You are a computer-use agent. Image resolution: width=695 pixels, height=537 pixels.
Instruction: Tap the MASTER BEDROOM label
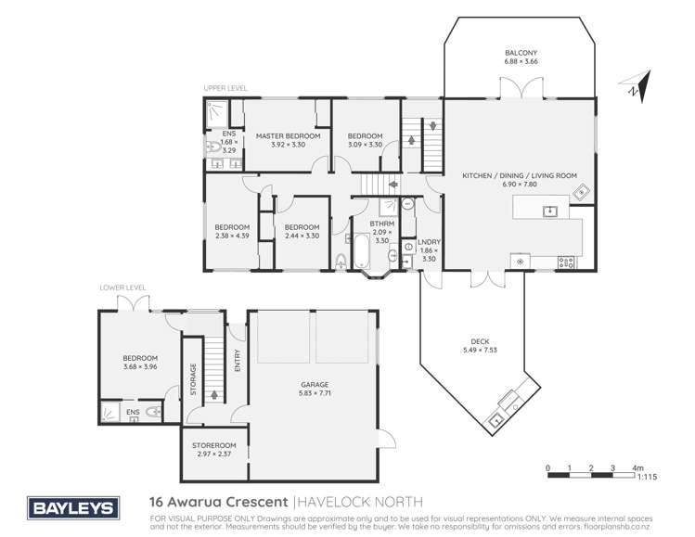pos(288,136)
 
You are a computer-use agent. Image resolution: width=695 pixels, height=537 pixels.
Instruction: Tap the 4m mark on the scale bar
pos(639,467)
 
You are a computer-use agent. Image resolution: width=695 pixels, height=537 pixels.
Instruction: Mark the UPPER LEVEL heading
pos(225,88)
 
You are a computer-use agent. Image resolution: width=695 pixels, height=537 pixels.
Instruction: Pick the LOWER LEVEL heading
pos(122,288)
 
